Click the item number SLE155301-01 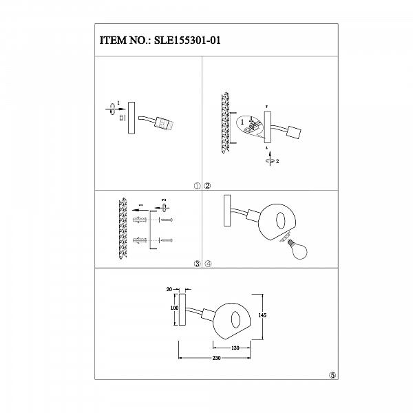(187, 41)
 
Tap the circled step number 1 (198, 186)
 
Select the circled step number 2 (208, 186)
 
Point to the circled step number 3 (198, 264)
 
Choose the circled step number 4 (209, 264)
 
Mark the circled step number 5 (333, 375)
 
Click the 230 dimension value (216, 358)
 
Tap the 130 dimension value (235, 348)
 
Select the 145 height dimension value (262, 315)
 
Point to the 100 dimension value (174, 308)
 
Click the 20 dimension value (169, 290)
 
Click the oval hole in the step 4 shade (280, 219)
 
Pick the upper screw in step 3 (167, 220)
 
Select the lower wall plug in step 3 (140, 240)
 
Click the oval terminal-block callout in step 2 (250, 125)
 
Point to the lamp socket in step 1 (165, 123)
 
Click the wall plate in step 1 (131, 118)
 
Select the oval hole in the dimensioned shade (235, 320)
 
